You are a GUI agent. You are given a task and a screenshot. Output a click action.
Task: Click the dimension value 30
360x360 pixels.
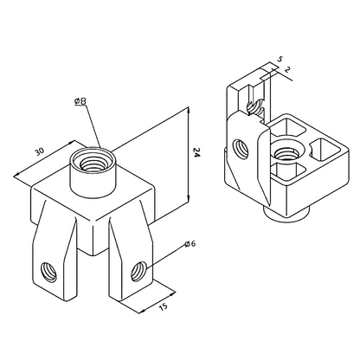[x=39, y=152]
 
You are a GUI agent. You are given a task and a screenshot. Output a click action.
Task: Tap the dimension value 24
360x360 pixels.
[x=198, y=153]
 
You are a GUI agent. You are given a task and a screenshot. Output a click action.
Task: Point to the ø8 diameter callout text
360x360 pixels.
[x=80, y=102]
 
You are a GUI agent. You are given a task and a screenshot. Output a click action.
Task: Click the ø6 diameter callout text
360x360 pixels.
[x=190, y=244]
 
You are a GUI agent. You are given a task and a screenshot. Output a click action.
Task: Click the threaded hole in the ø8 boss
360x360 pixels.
[x=89, y=160]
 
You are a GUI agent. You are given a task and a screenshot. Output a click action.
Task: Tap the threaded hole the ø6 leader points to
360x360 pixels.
[x=138, y=275]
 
